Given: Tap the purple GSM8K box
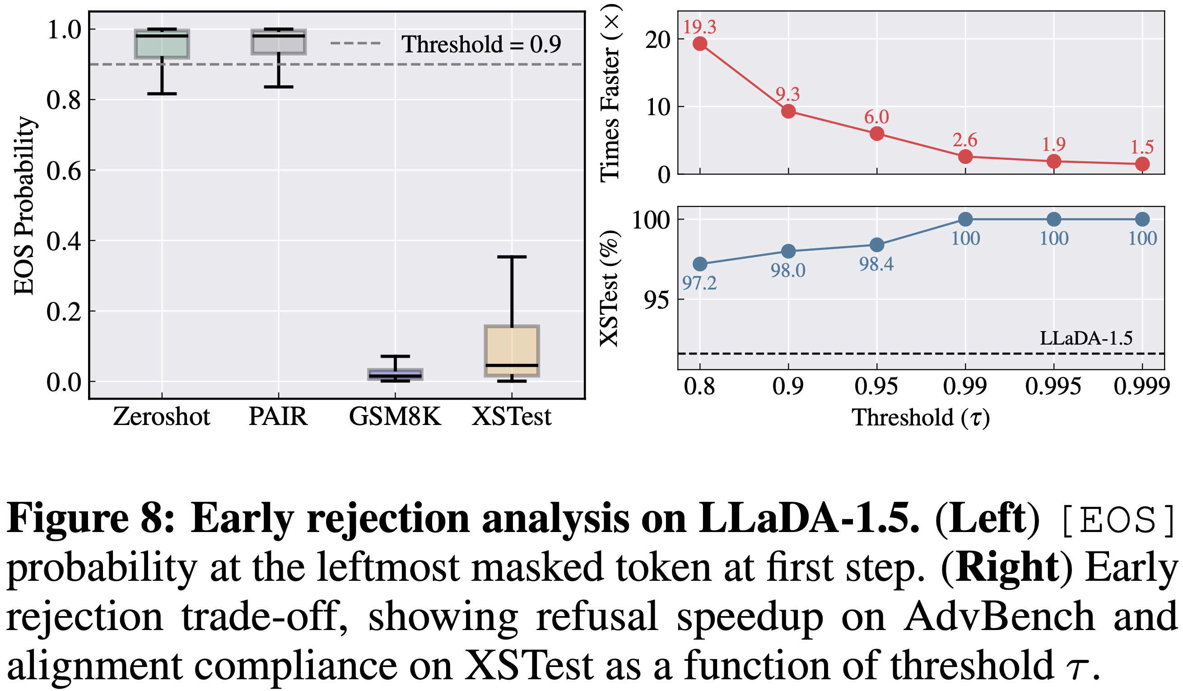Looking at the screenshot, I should [x=395, y=374].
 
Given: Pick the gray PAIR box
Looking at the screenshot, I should [x=279, y=42].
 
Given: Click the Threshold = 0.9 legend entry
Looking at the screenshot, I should [x=446, y=44].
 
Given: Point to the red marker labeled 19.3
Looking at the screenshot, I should [x=700, y=44].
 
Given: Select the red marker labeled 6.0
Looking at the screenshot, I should [x=877, y=134].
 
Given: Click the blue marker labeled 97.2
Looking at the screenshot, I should [x=700, y=264].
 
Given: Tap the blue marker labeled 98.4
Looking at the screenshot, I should [x=877, y=245].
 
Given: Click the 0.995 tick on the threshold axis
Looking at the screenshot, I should [x=1053, y=387].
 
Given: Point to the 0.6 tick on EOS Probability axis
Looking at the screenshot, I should [x=64, y=171].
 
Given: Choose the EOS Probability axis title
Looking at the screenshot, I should [x=24, y=205].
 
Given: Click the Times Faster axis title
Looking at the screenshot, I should [x=610, y=94].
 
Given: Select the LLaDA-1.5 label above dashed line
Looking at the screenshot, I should [x=1086, y=338].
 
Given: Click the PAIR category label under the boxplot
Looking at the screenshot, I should [x=278, y=416].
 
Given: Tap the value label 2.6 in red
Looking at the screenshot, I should [x=965, y=140].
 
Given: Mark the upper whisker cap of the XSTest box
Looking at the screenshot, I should [x=512, y=257].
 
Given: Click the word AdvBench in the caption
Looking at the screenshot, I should [x=1000, y=616].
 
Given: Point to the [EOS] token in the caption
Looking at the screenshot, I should [x=1117, y=520].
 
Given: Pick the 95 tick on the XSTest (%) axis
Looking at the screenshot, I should [x=656, y=300].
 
